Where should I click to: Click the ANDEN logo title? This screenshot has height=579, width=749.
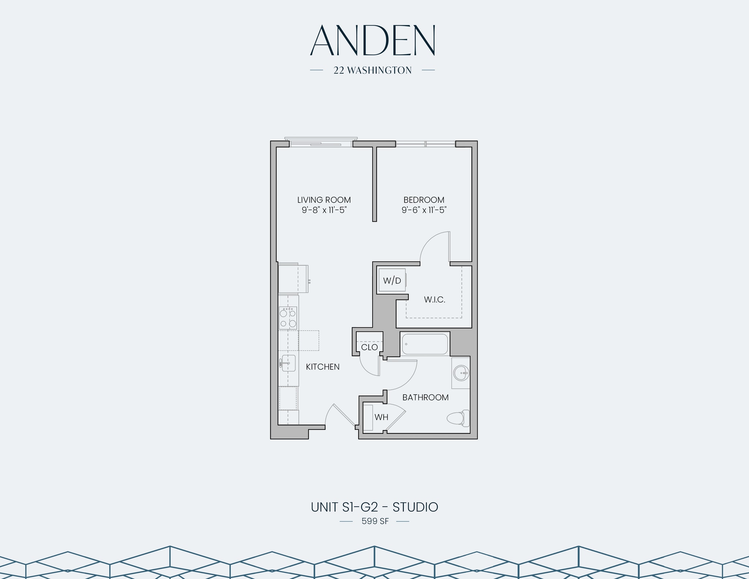click(x=372, y=41)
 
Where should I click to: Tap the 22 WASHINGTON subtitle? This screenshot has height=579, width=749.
click(x=372, y=70)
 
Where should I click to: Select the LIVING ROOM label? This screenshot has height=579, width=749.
click(x=324, y=200)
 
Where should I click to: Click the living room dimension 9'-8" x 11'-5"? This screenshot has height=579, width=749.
click(x=324, y=210)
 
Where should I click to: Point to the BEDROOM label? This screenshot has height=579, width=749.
click(x=424, y=200)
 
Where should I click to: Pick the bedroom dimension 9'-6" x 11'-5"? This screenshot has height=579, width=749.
click(x=424, y=210)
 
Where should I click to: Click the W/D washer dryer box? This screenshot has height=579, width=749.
click(x=392, y=281)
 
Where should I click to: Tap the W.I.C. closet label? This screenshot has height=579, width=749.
click(x=434, y=300)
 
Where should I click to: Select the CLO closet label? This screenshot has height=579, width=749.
click(x=369, y=347)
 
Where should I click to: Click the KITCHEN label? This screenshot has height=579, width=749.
click(x=323, y=367)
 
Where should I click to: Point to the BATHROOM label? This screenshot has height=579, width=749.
click(x=425, y=398)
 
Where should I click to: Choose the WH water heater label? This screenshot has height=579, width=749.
click(x=381, y=417)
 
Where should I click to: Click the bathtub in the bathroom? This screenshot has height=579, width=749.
click(x=425, y=344)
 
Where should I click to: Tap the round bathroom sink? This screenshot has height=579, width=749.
click(x=461, y=373)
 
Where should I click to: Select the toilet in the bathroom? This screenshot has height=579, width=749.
click(x=459, y=418)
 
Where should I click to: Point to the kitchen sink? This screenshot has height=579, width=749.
click(x=288, y=363)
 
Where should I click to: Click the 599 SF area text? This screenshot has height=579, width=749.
click(x=375, y=521)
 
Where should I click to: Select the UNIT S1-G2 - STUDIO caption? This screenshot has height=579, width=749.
click(x=374, y=507)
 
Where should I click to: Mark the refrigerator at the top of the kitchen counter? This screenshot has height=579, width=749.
click(x=293, y=279)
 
